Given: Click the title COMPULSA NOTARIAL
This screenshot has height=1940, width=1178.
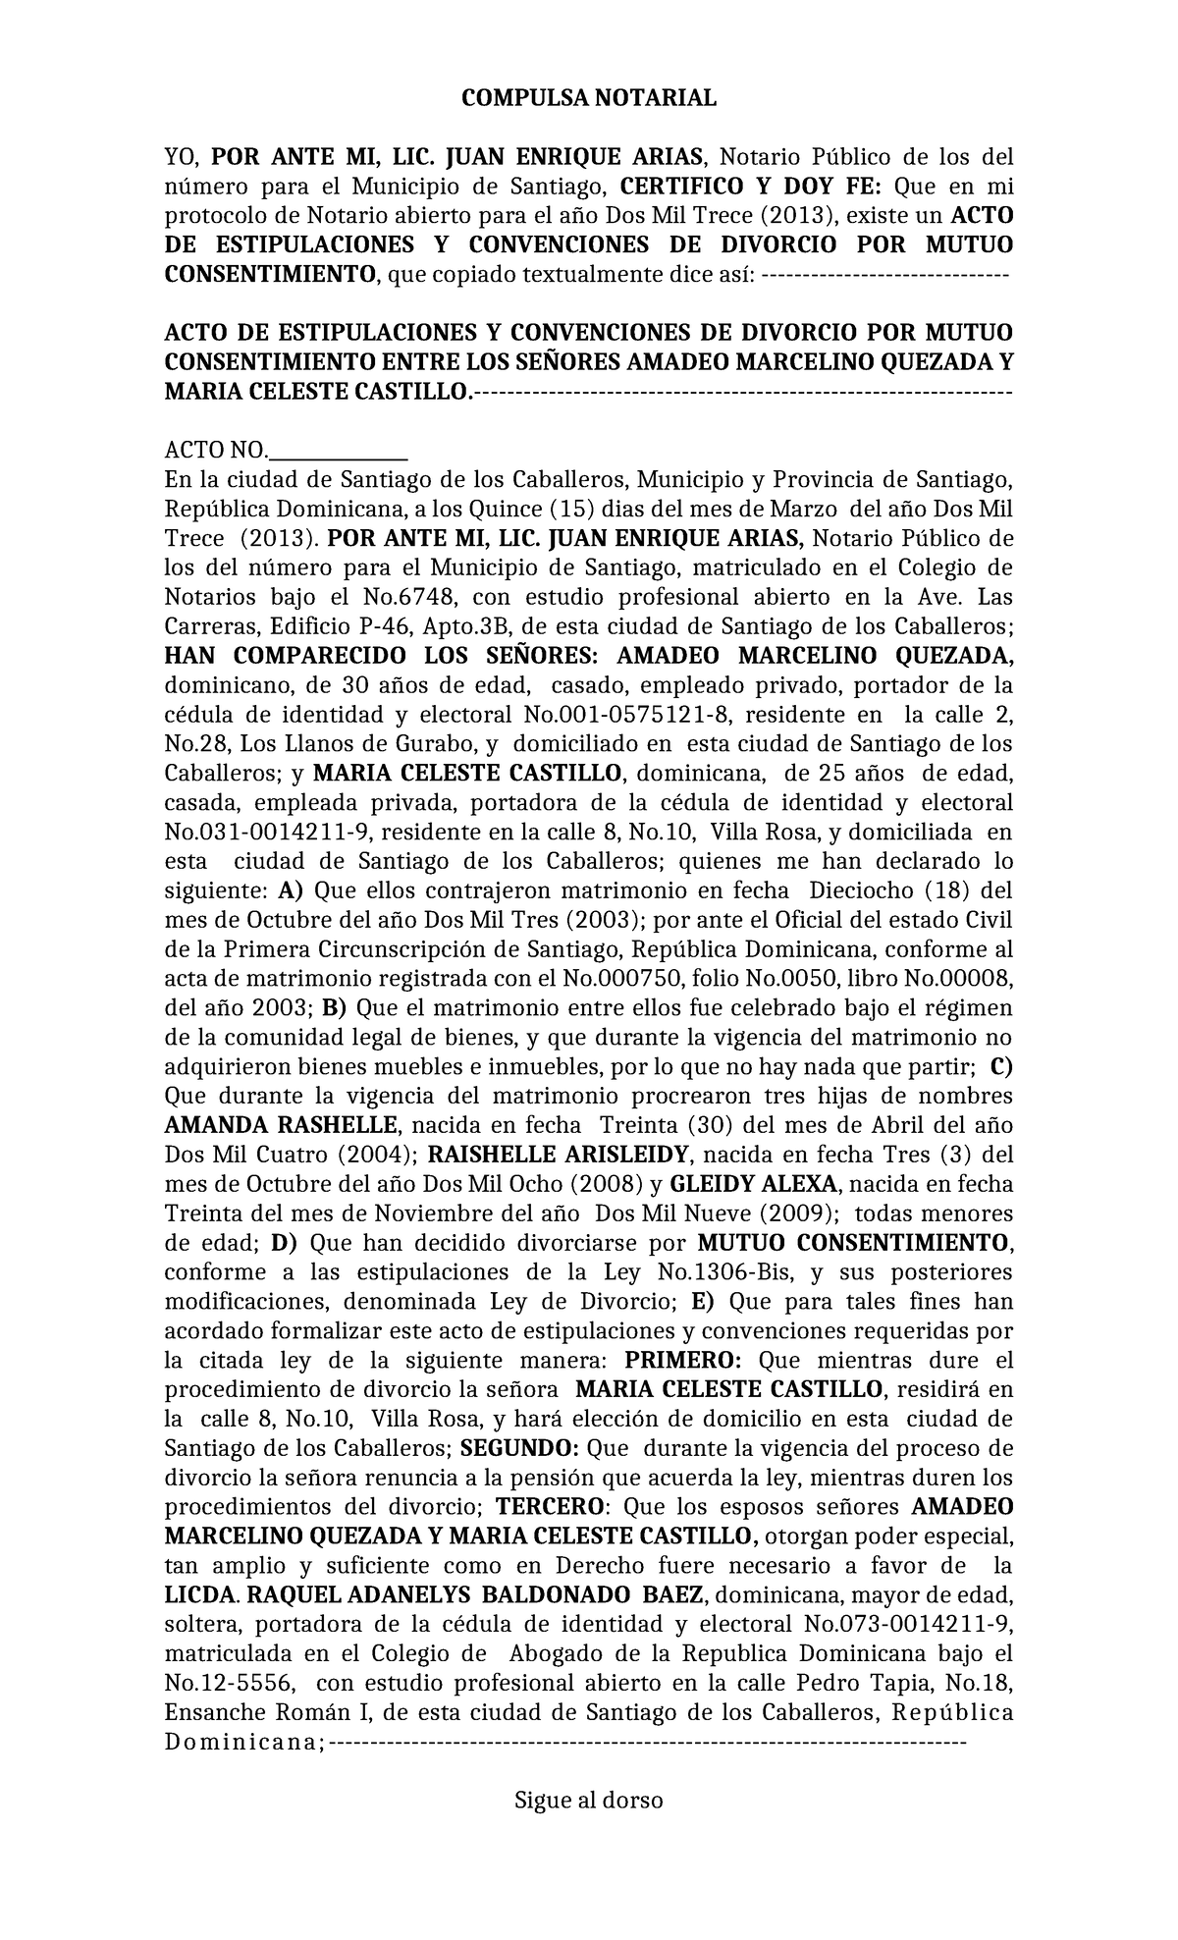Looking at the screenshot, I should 589,98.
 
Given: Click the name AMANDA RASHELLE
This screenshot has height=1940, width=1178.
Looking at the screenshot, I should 282,1125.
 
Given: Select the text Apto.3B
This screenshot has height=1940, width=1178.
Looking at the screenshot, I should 472,626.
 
